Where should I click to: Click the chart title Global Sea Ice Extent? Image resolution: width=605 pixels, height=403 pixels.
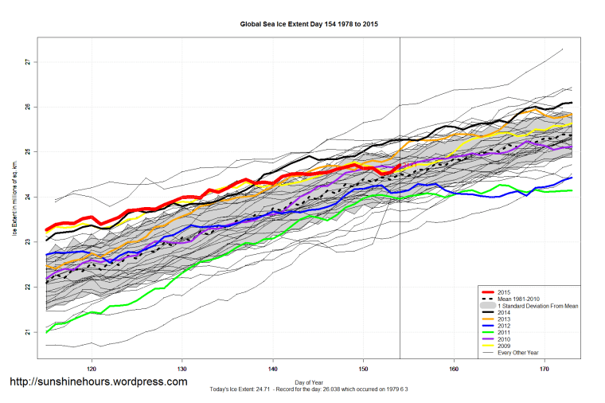coord(309,25)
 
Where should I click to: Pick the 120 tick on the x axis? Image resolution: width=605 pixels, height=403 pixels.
coord(92,369)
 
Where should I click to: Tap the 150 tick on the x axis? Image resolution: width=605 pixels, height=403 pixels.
coord(364,369)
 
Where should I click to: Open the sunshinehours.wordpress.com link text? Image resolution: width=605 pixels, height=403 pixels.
coord(98,381)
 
